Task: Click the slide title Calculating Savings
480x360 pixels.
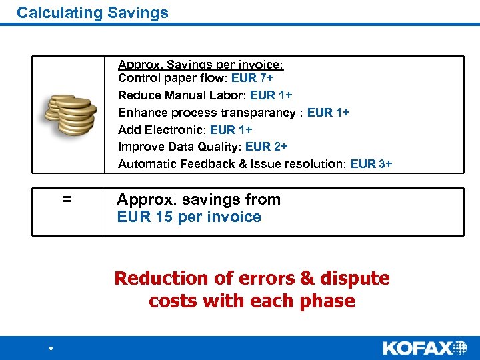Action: pos(93,13)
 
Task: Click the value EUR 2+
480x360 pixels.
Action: pos(267,146)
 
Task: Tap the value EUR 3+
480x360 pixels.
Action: pos(371,163)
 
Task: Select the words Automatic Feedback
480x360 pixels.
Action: pos(173,163)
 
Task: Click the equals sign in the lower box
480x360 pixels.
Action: pos(67,199)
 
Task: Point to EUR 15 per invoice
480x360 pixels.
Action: pos(189,217)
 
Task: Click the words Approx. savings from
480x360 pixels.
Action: pos(199,199)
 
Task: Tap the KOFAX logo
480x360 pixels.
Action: pos(425,347)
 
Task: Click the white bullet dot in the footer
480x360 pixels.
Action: pos(50,349)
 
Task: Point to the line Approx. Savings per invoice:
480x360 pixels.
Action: pos(201,65)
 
